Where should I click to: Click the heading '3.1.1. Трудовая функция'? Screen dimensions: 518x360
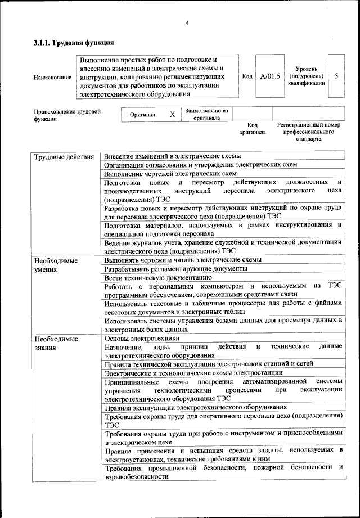pos(74,42)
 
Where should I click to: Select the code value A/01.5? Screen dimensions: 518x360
pos(270,76)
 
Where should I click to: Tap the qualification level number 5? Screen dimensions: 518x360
pos(336,76)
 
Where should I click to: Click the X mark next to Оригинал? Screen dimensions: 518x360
pos(173,114)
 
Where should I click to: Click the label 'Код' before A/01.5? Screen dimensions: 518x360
pos(247,76)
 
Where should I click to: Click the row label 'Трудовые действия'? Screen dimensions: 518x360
pos(64,156)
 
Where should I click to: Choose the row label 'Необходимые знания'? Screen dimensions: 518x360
pos(56,343)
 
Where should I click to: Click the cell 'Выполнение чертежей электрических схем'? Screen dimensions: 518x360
pos(170,174)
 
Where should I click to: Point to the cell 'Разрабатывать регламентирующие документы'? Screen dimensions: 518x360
pos(175,269)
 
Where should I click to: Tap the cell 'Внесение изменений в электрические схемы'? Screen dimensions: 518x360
pos(173,156)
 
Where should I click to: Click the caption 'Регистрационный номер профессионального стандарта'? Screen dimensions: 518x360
pos(309,132)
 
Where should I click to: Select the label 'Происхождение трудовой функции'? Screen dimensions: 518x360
pos(66,115)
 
